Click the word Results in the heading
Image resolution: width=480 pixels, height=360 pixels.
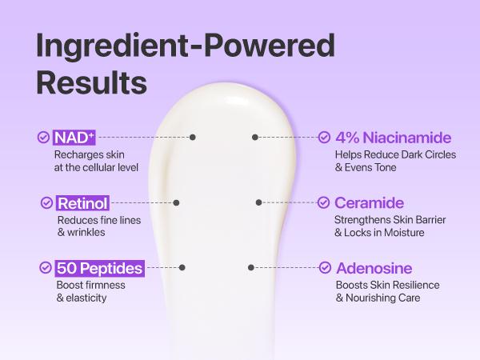(x=92, y=82)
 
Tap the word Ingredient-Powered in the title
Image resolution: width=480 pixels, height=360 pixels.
(x=185, y=46)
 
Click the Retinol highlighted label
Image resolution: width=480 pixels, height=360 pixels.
(x=82, y=203)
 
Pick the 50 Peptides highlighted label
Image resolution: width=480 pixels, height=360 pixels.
(x=99, y=268)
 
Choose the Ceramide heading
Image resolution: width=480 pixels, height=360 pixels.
(x=369, y=203)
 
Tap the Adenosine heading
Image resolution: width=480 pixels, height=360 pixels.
(x=374, y=268)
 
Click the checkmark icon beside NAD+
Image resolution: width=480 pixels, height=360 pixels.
(x=43, y=138)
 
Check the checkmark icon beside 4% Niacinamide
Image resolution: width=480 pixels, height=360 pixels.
(x=324, y=138)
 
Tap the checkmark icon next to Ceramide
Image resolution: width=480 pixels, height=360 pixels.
(x=324, y=203)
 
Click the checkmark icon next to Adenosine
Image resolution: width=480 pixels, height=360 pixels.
(x=324, y=268)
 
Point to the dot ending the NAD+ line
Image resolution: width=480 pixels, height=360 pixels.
(x=193, y=138)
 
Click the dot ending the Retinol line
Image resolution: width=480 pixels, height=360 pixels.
(x=177, y=203)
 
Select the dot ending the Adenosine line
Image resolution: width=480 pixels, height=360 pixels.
(x=251, y=267)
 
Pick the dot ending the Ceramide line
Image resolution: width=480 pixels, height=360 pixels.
(x=258, y=203)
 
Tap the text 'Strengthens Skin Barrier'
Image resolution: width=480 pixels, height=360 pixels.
(x=390, y=220)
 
